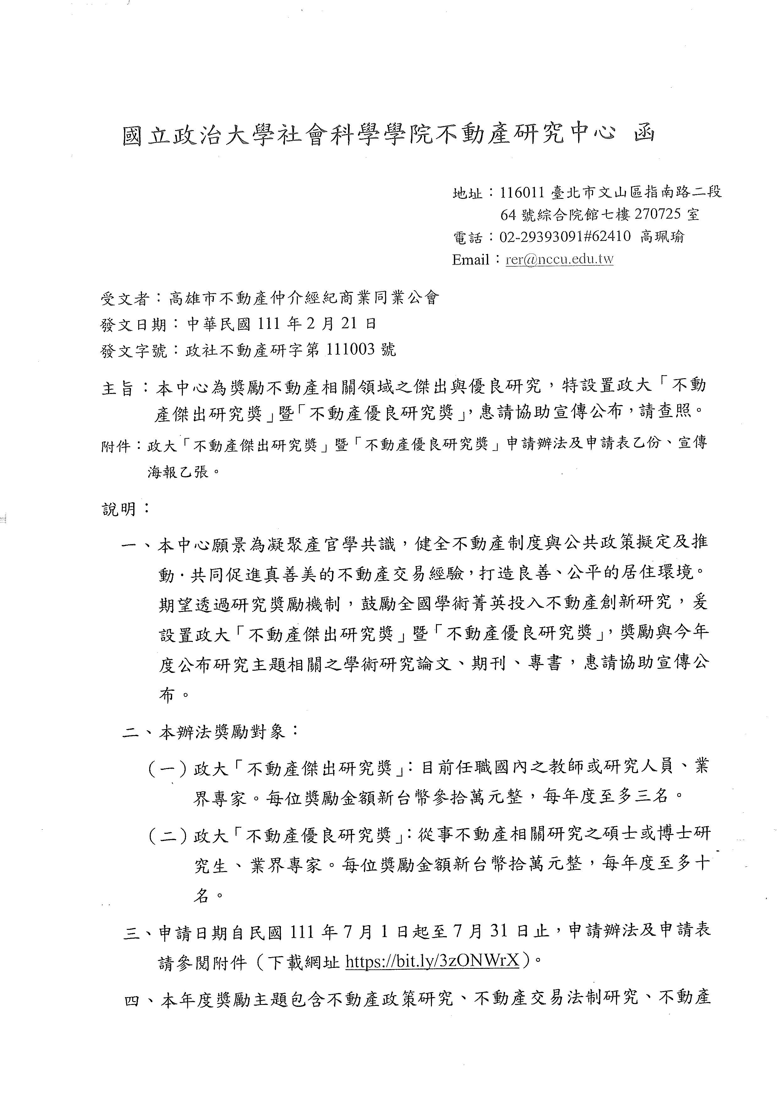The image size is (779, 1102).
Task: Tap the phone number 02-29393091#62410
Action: coord(565,237)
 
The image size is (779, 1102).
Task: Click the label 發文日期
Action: coord(133,325)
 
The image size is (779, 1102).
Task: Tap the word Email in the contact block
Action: coord(469,260)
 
